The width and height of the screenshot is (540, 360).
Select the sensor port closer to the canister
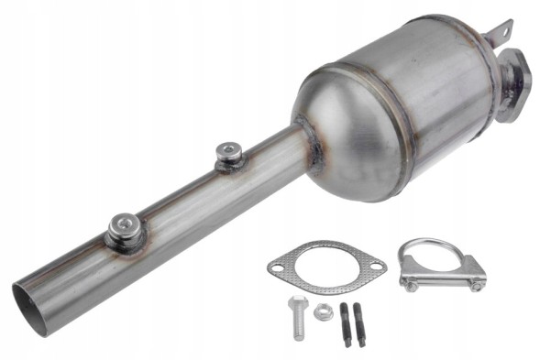point(228,156)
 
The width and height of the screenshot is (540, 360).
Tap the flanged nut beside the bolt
point(322,312)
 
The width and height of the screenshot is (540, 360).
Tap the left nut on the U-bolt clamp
point(412,283)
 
